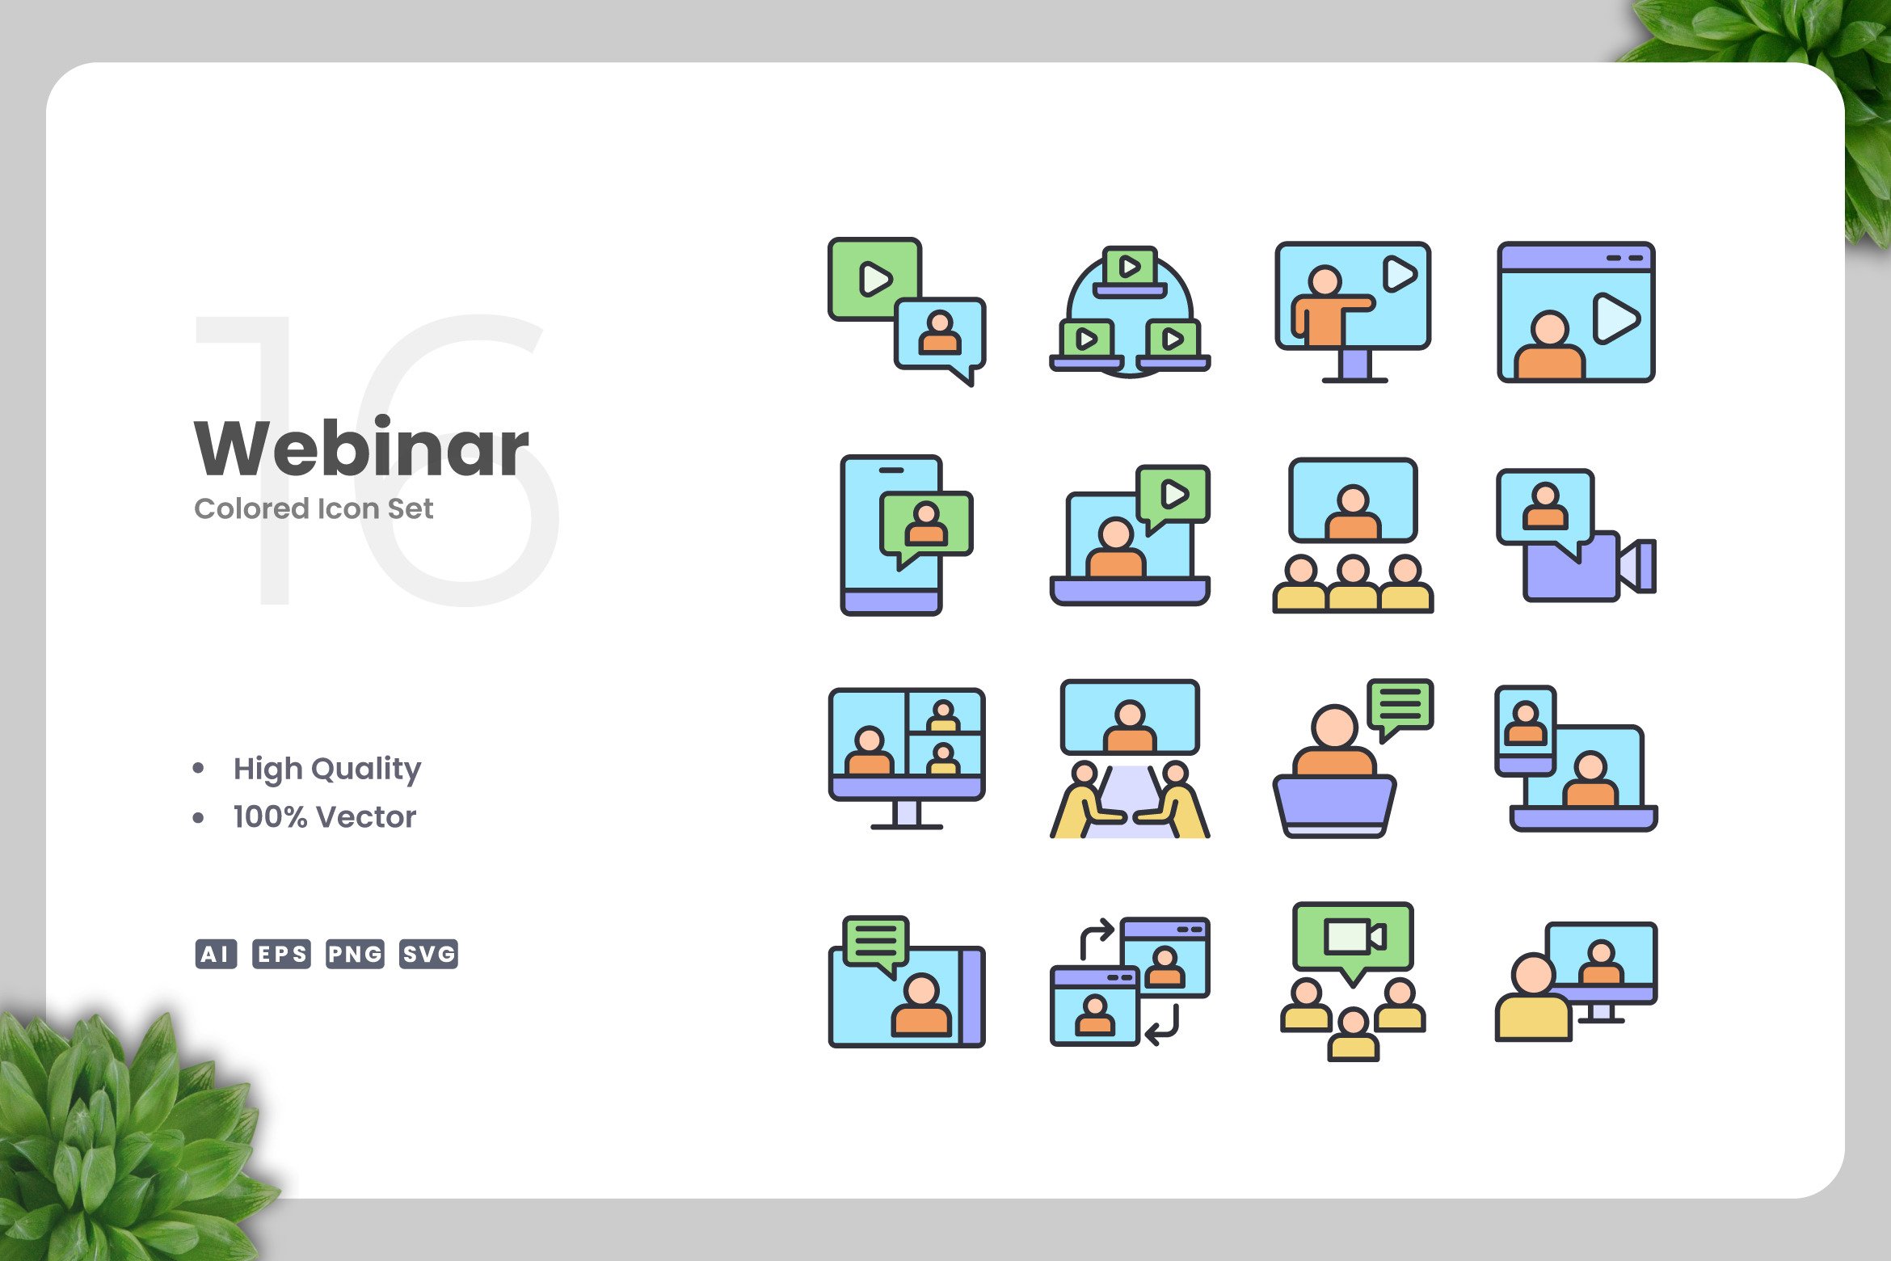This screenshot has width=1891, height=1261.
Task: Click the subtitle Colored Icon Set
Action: pyautogui.click(x=314, y=508)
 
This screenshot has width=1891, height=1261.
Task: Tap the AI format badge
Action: pyautogui.click(x=216, y=954)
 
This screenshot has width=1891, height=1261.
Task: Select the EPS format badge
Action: pyautogui.click(x=281, y=954)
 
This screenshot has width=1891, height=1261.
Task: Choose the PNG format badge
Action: pyautogui.click(x=355, y=954)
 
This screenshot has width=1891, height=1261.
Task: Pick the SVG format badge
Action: pyautogui.click(x=428, y=954)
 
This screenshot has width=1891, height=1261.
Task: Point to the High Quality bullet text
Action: pyautogui.click(x=327, y=769)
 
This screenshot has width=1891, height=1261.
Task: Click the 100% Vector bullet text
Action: pyautogui.click(x=325, y=817)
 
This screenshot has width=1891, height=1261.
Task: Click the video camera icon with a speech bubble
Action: pyautogui.click(x=1576, y=535)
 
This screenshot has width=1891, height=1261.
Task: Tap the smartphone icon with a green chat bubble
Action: pyautogui.click(x=906, y=535)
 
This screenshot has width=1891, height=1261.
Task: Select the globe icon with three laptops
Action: pyautogui.click(x=1130, y=312)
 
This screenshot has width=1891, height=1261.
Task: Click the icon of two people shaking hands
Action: pyautogui.click(x=1130, y=759)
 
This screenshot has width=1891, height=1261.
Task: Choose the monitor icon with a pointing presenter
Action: pyautogui.click(x=1353, y=312)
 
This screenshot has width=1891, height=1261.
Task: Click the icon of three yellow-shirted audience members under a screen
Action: pyautogui.click(x=1353, y=535)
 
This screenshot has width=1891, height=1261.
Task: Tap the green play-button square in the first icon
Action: pyautogui.click(x=874, y=279)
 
